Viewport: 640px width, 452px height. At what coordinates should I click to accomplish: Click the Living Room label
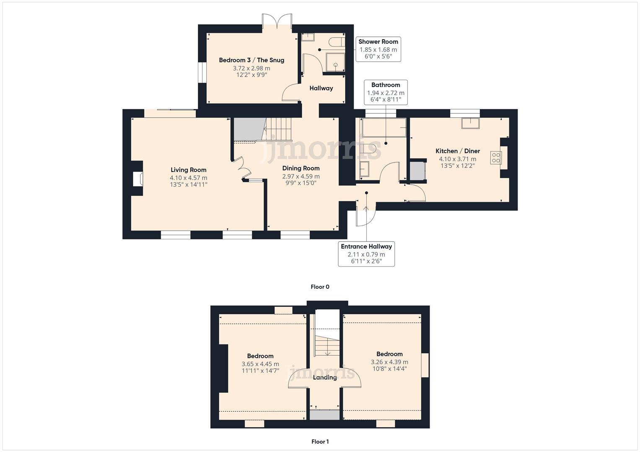point(188,170)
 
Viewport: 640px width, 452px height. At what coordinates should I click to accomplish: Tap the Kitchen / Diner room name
point(457,151)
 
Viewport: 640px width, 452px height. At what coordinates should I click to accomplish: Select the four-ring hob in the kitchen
point(496,157)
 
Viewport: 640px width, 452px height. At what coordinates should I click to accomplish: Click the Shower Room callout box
point(378,49)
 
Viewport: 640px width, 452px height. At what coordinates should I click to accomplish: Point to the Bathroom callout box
point(386,92)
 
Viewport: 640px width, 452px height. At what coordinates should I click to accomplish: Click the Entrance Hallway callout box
point(366,254)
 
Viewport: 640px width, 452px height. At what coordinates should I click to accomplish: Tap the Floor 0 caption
point(320,287)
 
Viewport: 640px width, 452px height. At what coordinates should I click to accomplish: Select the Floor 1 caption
point(320,441)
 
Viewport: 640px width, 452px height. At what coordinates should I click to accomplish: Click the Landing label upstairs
point(325,378)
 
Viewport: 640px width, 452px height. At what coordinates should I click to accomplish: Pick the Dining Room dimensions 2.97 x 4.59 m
point(301,177)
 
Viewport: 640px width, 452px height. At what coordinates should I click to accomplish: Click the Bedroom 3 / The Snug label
point(251,60)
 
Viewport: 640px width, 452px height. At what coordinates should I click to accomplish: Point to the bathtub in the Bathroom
point(384,128)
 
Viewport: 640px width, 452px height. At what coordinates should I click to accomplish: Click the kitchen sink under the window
point(470,123)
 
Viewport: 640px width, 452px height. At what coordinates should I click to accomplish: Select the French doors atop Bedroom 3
point(277,21)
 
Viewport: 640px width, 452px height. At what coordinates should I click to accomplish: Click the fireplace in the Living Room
point(137,179)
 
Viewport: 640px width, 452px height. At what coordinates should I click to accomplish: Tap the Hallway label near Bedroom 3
point(321,88)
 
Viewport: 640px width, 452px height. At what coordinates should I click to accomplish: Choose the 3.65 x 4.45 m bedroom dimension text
point(260,364)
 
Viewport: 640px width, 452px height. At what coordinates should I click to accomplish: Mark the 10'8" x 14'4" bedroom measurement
point(389,369)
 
